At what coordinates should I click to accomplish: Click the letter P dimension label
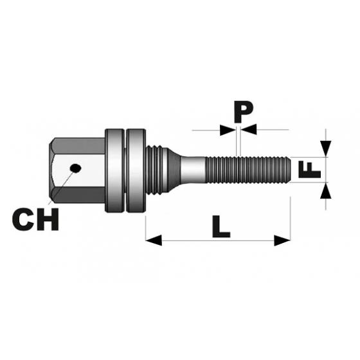244,113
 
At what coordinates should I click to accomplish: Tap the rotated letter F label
309,170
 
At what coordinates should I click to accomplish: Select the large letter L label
221,226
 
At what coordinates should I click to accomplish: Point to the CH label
35,219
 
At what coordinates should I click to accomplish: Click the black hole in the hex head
76,168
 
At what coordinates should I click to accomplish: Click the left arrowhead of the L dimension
154,240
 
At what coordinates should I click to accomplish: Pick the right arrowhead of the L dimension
282,240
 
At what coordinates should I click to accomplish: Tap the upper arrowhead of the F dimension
325,148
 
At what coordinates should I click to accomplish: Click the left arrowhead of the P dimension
228,130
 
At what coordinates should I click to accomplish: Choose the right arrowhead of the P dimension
248,129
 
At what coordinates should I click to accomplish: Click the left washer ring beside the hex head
114,170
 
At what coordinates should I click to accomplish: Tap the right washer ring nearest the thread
136,170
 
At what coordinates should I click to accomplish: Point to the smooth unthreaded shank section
193,170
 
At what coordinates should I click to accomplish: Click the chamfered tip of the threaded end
288,170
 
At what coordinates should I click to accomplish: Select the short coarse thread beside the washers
154,170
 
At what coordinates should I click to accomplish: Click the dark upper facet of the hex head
78,146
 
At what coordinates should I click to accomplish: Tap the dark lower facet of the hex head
78,195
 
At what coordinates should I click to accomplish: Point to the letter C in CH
23,219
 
